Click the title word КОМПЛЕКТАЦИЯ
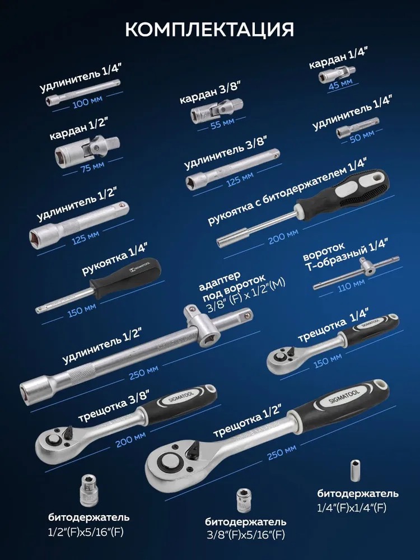[x=209, y=30]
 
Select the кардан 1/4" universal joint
[x=337, y=73]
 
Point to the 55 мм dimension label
[x=222, y=124]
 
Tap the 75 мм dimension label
[x=92, y=167]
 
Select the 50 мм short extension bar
[x=357, y=127]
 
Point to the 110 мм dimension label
[x=352, y=285]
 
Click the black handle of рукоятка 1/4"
[x=125, y=278]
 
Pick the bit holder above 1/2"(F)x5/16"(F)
[x=88, y=491]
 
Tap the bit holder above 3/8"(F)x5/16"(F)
[x=244, y=501]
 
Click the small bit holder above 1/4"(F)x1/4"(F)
[x=354, y=471]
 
